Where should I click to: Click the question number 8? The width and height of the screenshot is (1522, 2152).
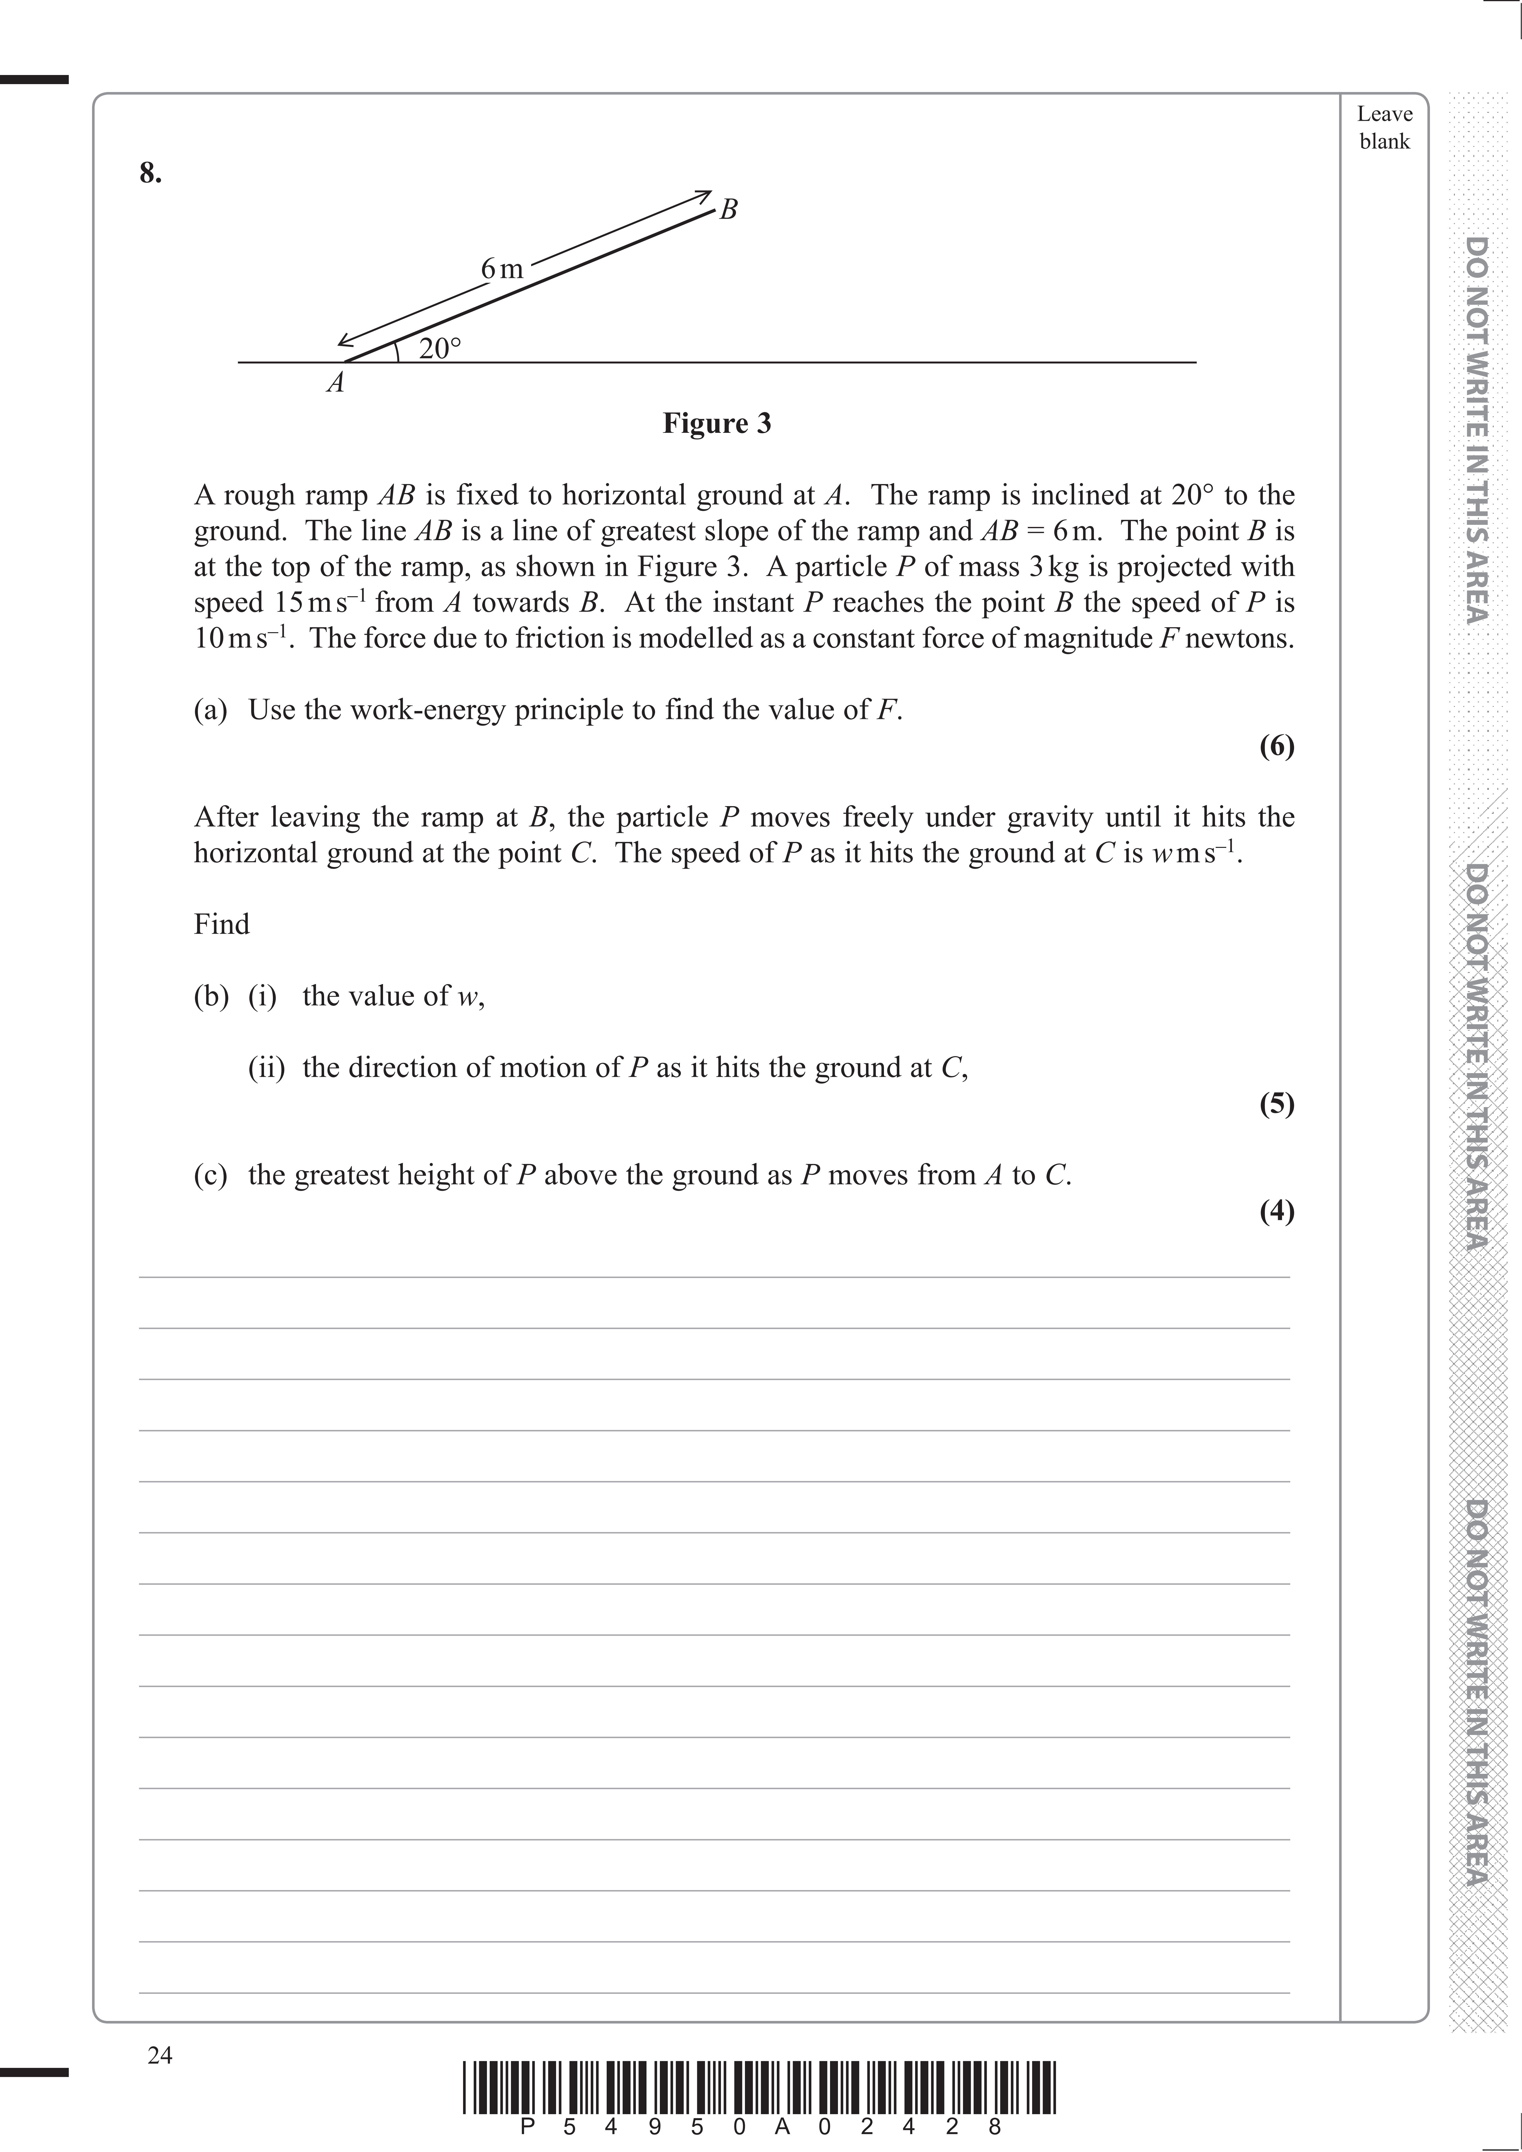pyautogui.click(x=150, y=174)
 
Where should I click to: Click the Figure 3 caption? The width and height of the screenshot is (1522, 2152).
pyautogui.click(x=717, y=424)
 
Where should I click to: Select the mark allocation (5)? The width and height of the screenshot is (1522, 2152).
pyautogui.click(x=1277, y=1104)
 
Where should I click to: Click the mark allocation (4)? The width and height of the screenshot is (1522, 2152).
pyautogui.click(x=1277, y=1212)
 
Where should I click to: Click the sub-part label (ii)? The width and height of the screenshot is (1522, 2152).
pyautogui.click(x=266, y=1068)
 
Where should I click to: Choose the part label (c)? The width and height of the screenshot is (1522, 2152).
pyautogui.click(x=211, y=1175)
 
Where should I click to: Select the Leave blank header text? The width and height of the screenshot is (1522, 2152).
pyautogui.click(x=1384, y=127)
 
